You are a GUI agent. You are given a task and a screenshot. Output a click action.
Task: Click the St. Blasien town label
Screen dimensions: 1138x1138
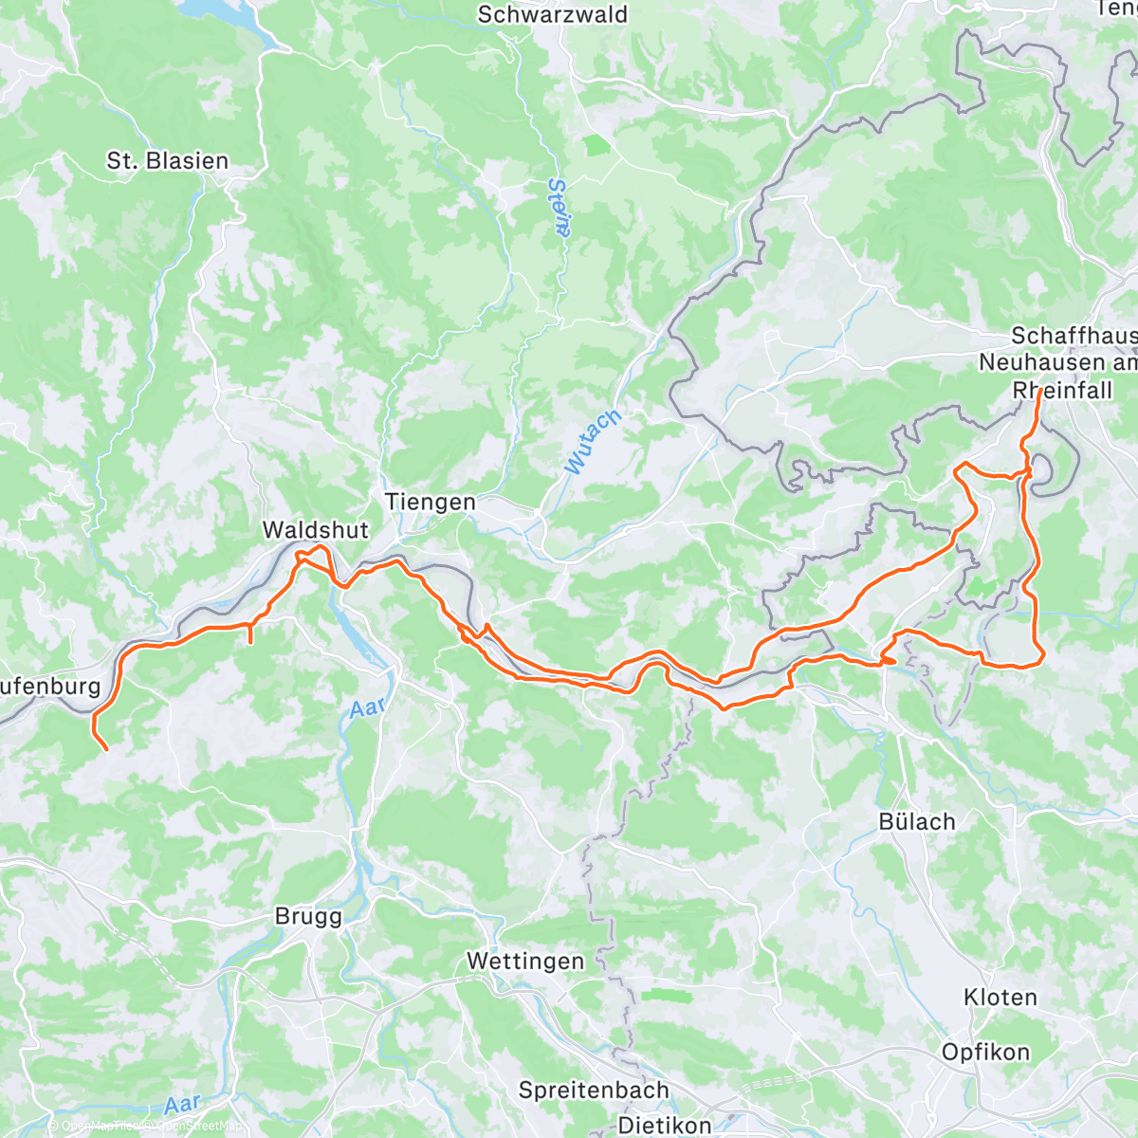pyautogui.click(x=168, y=161)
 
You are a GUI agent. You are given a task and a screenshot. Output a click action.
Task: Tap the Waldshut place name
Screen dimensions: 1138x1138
pyautogui.click(x=315, y=529)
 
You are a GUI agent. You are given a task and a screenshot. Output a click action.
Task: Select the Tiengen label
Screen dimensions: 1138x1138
pyautogui.click(x=430, y=502)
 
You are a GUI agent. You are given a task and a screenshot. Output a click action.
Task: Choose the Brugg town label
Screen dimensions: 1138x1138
pyautogui.click(x=308, y=916)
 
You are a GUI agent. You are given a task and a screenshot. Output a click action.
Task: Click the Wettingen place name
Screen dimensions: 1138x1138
pyautogui.click(x=525, y=962)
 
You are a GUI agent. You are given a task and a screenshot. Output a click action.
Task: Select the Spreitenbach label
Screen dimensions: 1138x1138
pyautogui.click(x=594, y=1091)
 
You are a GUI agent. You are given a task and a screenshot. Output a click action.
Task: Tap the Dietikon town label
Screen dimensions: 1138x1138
pyautogui.click(x=664, y=1126)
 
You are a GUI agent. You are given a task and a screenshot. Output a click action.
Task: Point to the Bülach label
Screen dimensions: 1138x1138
pyautogui.click(x=916, y=821)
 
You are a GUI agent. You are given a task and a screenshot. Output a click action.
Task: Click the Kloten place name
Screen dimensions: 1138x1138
pyautogui.click(x=1000, y=997)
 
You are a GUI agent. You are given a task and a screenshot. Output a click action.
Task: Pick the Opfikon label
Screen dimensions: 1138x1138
pyautogui.click(x=985, y=1052)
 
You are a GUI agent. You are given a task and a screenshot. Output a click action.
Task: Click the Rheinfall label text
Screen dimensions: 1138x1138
pyautogui.click(x=1062, y=390)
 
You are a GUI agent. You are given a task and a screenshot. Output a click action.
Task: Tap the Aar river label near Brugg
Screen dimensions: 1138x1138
pyautogui.click(x=367, y=707)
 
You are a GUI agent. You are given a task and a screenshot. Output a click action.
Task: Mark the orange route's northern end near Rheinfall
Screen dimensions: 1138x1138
pyautogui.click(x=1039, y=390)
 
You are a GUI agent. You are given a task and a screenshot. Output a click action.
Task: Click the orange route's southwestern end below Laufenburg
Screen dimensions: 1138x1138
pyautogui.click(x=105, y=749)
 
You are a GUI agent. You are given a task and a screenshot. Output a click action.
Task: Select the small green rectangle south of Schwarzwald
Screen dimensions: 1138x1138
pyautogui.click(x=597, y=146)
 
